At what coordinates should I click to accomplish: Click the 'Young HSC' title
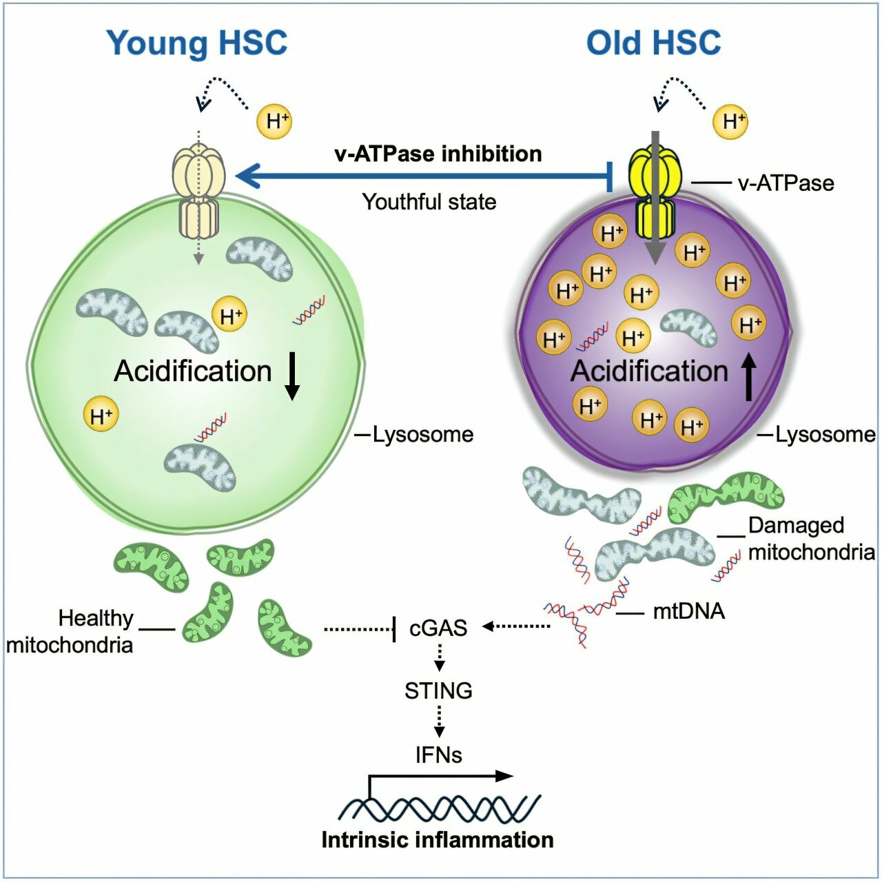coord(196,43)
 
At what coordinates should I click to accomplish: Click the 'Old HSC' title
coord(653,43)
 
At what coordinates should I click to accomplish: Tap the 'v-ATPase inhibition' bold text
coord(438,153)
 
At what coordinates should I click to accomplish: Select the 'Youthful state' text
coord(429,202)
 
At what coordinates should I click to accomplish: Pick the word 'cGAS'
coord(438,628)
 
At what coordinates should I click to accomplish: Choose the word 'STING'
coord(438,690)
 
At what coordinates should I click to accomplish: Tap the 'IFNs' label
coord(438,755)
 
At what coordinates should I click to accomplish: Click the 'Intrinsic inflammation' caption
coord(438,840)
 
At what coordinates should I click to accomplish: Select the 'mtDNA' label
coord(688,611)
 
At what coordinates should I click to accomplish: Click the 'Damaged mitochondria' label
coord(811,538)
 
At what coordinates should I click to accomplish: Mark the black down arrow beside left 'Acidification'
coord(292,376)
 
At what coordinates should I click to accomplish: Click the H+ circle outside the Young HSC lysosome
coord(274,122)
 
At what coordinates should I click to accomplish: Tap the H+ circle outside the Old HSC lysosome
coord(730,122)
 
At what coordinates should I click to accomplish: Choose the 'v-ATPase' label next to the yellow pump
coord(786,183)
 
